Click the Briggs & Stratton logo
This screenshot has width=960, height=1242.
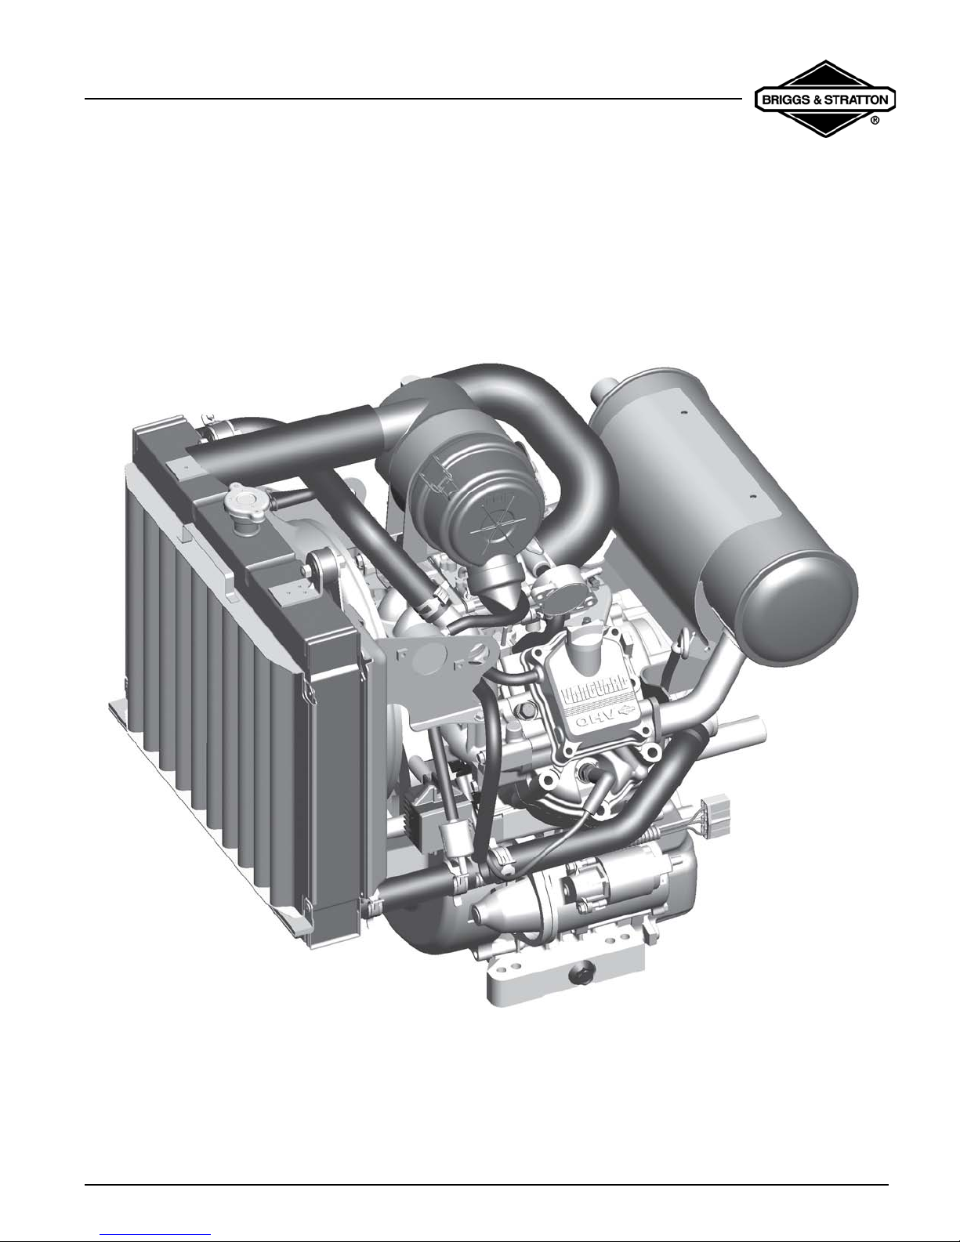pos(824,98)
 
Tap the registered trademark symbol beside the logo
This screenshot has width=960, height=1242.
pos(875,121)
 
